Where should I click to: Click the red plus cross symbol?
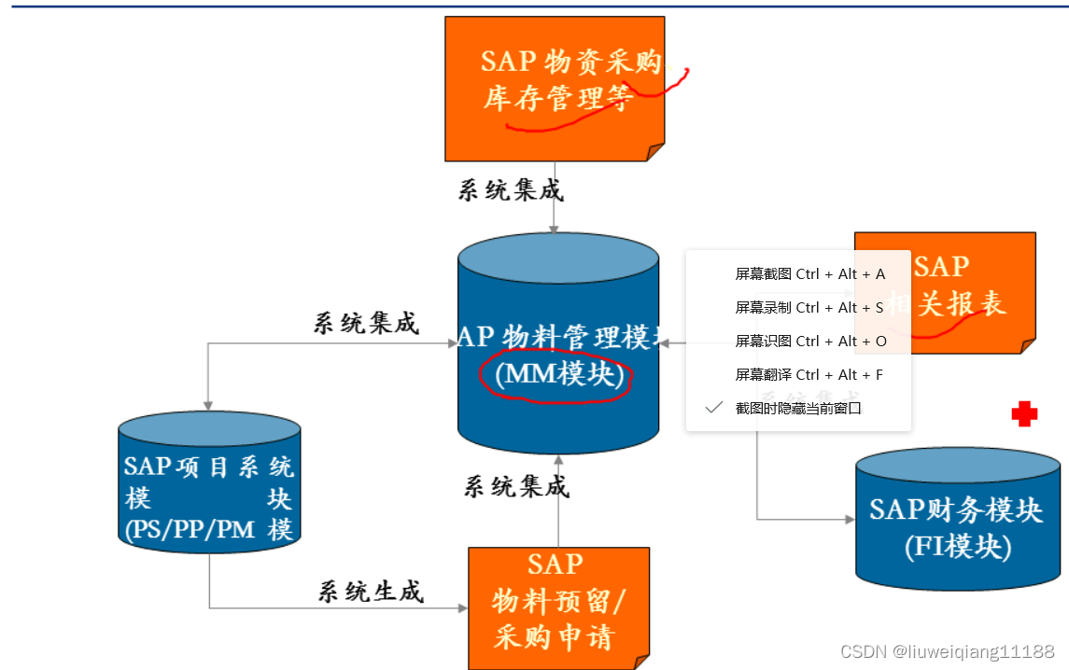click(x=1024, y=414)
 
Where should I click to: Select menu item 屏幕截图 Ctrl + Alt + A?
click(x=809, y=274)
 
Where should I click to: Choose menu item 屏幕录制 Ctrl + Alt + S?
click(x=809, y=308)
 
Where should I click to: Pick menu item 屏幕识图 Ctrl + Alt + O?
click(x=809, y=342)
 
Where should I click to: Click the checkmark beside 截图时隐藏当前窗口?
click(x=714, y=408)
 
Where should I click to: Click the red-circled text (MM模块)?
click(x=557, y=374)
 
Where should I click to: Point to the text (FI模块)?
click(x=957, y=547)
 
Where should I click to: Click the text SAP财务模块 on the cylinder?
click(x=955, y=509)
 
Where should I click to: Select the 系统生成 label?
click(x=371, y=591)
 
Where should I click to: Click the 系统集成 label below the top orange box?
click(x=511, y=190)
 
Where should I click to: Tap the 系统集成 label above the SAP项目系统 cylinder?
click(x=365, y=323)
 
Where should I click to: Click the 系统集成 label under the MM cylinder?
click(x=515, y=485)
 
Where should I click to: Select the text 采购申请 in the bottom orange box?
click(x=554, y=637)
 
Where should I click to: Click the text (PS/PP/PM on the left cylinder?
click(x=190, y=530)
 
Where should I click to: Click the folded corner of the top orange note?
click(x=655, y=152)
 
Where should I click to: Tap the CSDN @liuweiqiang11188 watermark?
click(x=947, y=650)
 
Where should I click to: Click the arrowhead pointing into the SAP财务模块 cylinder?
click(x=850, y=519)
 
